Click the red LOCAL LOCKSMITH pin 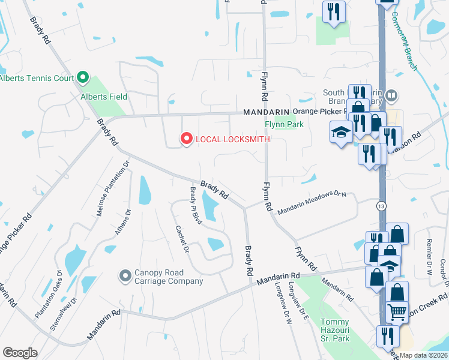tap(186, 139)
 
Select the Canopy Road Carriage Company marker tap(125, 275)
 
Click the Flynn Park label tap(284, 125)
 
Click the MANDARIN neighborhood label tap(265, 112)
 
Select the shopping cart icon tap(397, 311)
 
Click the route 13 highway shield tap(381, 206)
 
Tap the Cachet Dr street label tap(182, 238)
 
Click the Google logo tap(20, 353)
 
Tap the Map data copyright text tap(423, 355)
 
